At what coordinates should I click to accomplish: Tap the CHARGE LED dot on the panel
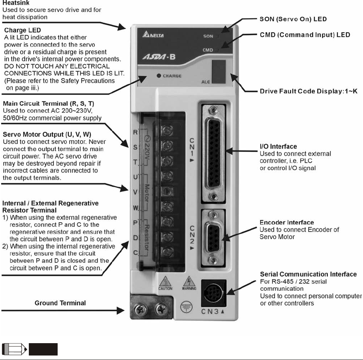point(159,76)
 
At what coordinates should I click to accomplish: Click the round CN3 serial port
point(214,292)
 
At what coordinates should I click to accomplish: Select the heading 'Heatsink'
point(16,3)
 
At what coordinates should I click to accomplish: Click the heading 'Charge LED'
point(22,30)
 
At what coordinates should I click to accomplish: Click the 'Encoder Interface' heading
point(287,223)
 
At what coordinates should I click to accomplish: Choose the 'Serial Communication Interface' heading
point(308,274)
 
